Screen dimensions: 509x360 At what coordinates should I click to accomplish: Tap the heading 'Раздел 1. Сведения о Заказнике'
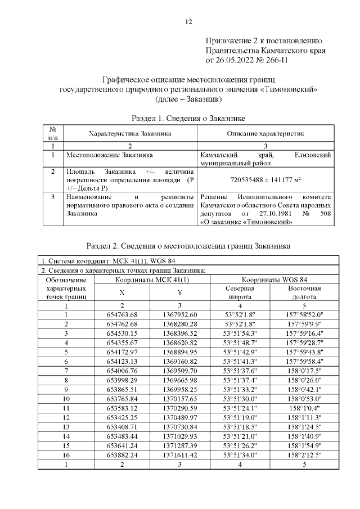pos(188,119)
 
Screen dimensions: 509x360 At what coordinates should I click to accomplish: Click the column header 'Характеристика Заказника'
pos(130,134)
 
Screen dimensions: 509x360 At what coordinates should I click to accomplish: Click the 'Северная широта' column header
pos(240,292)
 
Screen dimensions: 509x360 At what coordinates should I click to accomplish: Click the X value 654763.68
pos(122,314)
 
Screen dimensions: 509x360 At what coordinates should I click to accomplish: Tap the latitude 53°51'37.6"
pos(240,371)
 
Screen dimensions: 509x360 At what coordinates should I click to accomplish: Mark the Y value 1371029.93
pos(180,435)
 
